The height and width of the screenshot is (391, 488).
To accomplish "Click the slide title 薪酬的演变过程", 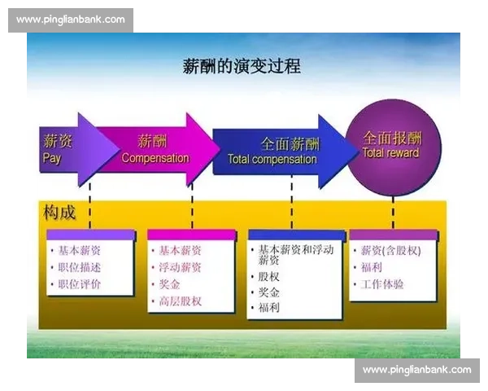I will point(242,66).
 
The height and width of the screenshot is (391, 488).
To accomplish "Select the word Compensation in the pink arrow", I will point(155,158).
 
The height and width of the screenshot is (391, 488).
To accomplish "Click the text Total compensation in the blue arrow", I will point(272,160).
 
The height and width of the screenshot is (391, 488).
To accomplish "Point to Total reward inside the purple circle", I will point(390,153).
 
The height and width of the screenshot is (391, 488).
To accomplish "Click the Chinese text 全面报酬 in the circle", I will point(391,138).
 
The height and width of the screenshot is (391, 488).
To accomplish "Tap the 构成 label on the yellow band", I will point(59,213).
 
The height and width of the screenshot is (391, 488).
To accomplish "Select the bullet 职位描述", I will point(80,267).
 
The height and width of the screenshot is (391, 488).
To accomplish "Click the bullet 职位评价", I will point(80,284).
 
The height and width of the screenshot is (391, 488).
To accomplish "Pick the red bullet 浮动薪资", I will point(180,267).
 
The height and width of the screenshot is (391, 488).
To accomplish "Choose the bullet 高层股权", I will point(180,301).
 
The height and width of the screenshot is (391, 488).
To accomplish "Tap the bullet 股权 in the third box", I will point(269,277).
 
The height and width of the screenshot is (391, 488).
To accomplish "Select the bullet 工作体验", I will point(382,284).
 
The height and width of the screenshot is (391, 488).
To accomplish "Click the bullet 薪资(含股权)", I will point(390,250).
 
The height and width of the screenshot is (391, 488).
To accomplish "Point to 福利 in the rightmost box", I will point(372,267).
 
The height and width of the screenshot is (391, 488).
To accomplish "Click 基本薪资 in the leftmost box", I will point(80,250).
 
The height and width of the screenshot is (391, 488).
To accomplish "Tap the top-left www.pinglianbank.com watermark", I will point(71,20).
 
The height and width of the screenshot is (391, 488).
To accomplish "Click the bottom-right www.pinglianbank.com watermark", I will point(416,371).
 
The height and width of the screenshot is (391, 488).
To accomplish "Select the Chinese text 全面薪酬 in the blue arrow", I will point(290,143).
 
